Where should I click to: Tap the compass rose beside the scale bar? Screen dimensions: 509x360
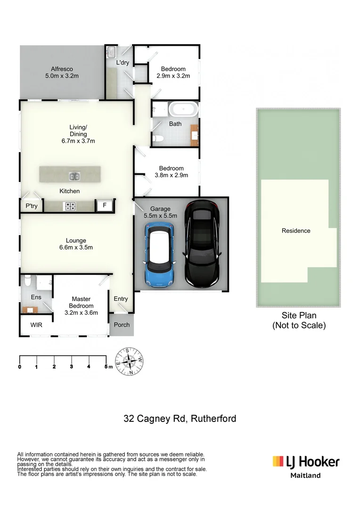click(x=129, y=362)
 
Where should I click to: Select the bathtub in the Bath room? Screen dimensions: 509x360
click(x=184, y=108)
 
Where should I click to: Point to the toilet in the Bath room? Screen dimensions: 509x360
click(x=159, y=139)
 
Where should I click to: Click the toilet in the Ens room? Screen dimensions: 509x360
click(x=28, y=281)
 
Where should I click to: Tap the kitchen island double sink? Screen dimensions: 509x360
click(x=74, y=177)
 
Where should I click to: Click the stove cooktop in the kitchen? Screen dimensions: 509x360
click(x=70, y=206)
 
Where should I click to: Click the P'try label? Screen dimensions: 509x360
click(x=32, y=206)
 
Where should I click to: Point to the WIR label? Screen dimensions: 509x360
click(x=37, y=325)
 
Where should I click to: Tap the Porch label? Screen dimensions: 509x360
click(x=122, y=325)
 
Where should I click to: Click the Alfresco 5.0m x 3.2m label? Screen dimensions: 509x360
click(x=62, y=72)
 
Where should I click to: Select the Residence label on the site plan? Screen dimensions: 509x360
click(x=296, y=231)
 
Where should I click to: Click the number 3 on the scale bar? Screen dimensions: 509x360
click(x=71, y=367)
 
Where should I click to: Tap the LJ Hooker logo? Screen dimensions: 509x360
click(x=306, y=461)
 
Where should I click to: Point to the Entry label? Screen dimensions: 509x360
click(x=121, y=299)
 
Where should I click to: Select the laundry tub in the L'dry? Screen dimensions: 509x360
click(x=112, y=51)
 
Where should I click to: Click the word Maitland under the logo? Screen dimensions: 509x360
click(x=305, y=476)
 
